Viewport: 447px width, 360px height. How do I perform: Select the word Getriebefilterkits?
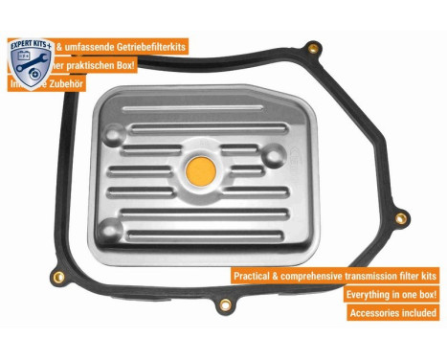[x=147, y=46]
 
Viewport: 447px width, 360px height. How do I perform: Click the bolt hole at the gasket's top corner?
[x=312, y=46]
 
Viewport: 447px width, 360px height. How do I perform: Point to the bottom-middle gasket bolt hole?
[x=226, y=304]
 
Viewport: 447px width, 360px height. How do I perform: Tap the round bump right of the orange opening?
[x=273, y=157]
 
